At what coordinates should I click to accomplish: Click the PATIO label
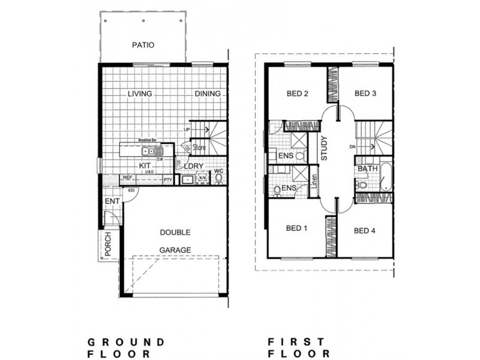143,44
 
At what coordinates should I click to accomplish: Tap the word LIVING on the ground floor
139,94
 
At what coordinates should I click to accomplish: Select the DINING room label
207,94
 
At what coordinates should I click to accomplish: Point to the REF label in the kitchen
127,178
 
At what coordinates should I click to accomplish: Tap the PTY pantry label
168,178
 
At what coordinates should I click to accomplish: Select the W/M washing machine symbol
202,178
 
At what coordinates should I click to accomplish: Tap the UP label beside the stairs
187,130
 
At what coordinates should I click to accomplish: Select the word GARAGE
175,250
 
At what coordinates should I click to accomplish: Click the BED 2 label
297,94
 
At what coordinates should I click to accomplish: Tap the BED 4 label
364,230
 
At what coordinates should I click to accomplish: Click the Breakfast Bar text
147,139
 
